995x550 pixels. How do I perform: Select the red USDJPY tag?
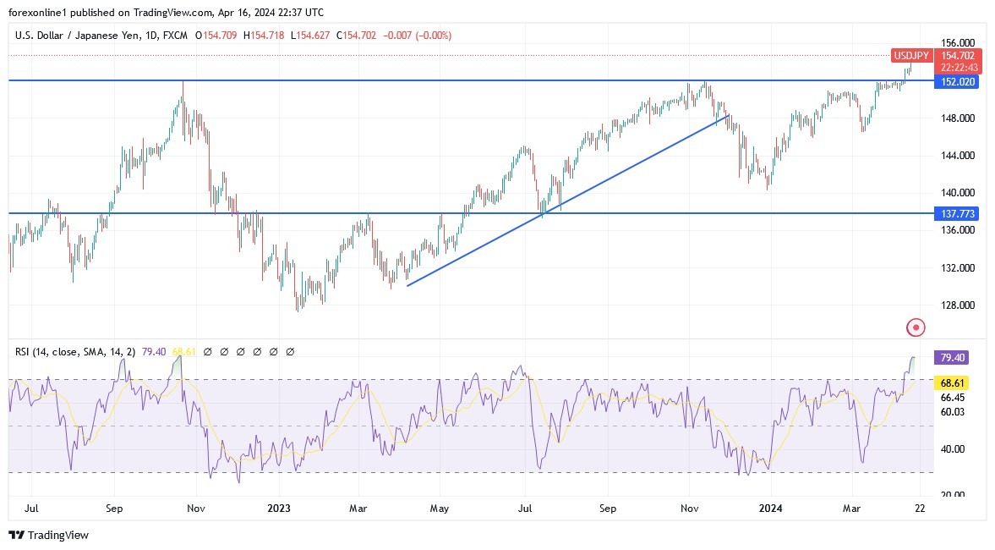(910, 56)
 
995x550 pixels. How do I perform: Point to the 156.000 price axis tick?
(958, 42)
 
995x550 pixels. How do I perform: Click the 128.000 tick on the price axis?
(958, 305)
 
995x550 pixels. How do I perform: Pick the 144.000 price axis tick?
(958, 156)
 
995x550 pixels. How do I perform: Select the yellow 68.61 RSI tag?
(952, 382)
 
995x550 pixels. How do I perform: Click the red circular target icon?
(916, 327)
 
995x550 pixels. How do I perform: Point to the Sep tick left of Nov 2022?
(115, 509)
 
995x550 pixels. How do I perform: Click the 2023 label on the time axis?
(278, 509)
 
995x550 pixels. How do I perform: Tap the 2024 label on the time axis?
(770, 509)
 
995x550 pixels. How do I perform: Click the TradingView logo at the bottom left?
(48, 535)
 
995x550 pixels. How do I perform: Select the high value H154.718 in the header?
(264, 36)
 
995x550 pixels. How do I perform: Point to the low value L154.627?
(309, 36)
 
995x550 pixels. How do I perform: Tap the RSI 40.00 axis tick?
(952, 448)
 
